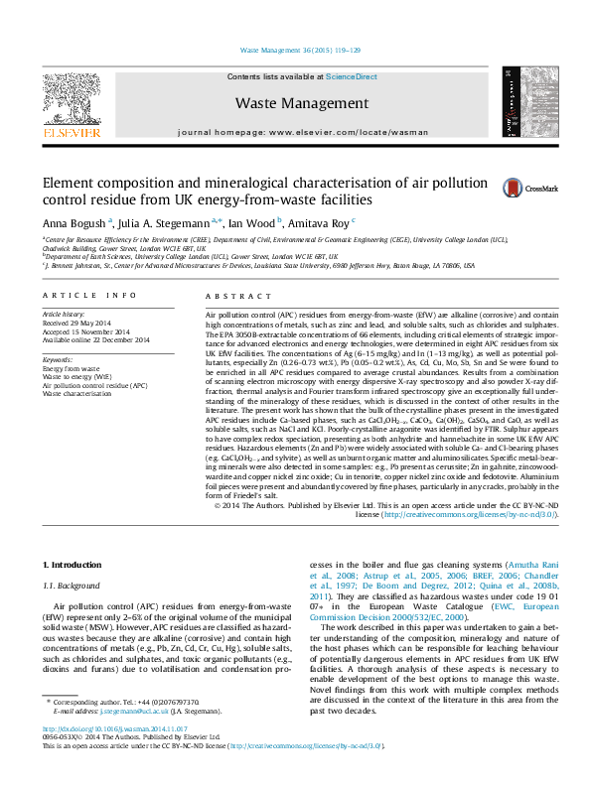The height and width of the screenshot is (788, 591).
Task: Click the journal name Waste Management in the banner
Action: pyautogui.click(x=301, y=103)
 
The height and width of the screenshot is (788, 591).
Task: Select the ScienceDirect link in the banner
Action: pyautogui.click(x=352, y=76)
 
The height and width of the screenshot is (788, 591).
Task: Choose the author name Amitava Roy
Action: pyautogui.click(x=323, y=222)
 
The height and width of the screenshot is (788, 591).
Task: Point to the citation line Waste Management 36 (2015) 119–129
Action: pyautogui.click(x=300, y=49)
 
